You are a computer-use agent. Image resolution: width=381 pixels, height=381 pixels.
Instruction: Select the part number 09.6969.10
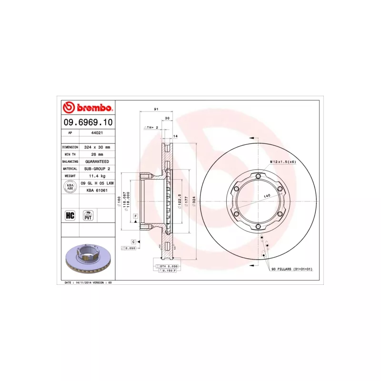[x=88, y=122]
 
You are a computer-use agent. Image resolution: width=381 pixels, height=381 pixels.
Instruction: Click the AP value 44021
[x=97, y=134]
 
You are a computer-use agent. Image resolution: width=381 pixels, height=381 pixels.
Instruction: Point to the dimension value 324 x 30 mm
[x=97, y=148]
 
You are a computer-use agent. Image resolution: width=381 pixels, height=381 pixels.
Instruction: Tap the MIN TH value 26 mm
[x=97, y=155]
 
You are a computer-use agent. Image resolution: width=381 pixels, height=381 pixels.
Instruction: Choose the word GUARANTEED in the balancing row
[x=97, y=161]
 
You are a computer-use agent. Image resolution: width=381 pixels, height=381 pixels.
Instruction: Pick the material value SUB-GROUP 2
[x=97, y=169]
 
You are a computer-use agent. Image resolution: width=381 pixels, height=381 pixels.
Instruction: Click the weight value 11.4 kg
[x=97, y=176]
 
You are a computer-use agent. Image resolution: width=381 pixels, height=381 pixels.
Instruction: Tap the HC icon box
[x=70, y=215]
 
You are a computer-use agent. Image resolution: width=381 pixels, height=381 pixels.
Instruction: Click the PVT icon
[x=88, y=215]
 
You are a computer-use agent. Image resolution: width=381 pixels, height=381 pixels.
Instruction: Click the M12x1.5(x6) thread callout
[x=283, y=162]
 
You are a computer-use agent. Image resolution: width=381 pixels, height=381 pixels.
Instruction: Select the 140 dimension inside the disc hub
[x=267, y=196]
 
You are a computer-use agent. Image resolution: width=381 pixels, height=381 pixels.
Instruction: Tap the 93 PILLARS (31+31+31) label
[x=291, y=269]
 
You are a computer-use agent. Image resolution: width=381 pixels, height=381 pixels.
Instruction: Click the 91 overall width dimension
[x=156, y=110]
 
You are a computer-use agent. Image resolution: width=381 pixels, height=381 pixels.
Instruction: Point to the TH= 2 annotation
[x=150, y=128]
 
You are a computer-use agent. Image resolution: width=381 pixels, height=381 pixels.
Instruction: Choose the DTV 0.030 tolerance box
[x=168, y=266]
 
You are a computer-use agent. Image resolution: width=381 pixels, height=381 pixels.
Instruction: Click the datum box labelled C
[x=134, y=242]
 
